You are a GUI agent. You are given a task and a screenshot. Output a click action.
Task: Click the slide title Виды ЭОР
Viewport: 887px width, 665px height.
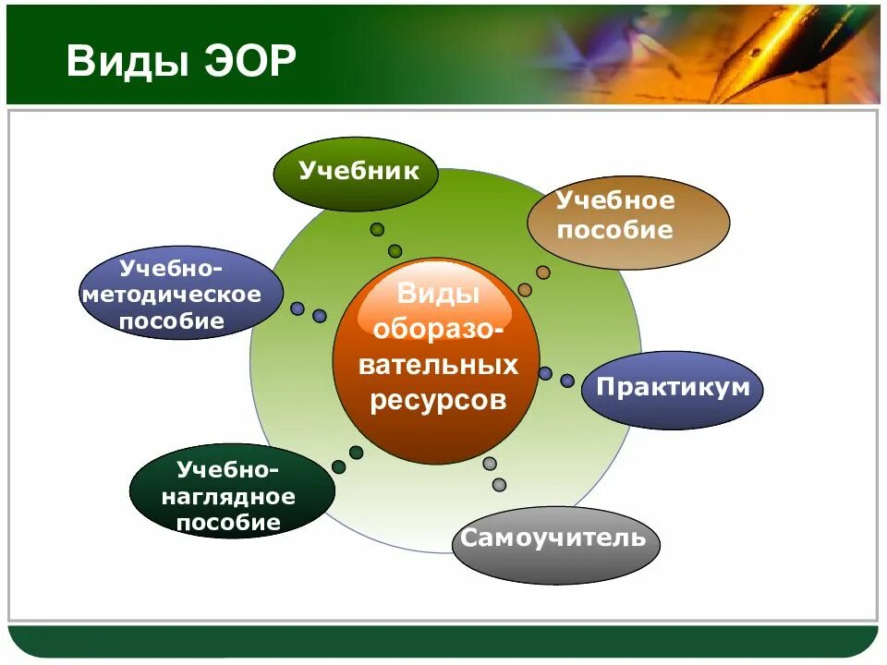point(181,60)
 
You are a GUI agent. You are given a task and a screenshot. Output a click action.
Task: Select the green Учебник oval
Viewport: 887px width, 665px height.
point(356,175)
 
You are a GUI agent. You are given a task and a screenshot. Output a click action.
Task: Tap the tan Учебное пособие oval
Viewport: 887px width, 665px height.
point(628,223)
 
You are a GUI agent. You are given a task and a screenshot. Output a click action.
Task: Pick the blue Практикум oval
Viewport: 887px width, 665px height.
point(673,390)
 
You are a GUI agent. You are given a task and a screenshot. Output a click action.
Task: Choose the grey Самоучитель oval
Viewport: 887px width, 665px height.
point(556,545)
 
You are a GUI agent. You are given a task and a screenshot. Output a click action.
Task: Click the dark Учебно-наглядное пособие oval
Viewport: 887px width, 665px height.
point(232,490)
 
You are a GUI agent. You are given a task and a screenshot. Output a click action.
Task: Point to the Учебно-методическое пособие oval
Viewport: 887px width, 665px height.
point(181,293)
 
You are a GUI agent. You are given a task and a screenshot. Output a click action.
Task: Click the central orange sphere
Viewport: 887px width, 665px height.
point(436,361)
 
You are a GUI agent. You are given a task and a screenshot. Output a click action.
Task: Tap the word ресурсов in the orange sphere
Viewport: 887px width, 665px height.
point(438,400)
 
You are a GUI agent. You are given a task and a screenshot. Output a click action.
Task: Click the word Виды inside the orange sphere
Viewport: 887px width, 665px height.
point(438,294)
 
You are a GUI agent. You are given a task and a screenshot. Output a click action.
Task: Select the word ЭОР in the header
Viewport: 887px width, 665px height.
point(250,60)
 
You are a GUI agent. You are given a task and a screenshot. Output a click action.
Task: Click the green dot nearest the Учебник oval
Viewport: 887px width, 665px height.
point(377,229)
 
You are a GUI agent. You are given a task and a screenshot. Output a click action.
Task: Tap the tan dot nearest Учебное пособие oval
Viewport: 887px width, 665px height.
point(543,272)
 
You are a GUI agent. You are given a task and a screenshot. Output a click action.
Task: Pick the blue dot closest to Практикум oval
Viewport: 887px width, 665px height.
point(567,381)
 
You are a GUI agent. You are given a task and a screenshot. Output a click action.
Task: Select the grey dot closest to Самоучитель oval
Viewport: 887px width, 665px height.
point(500,485)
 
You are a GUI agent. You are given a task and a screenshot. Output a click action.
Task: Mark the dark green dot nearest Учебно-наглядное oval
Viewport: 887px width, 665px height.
point(339,467)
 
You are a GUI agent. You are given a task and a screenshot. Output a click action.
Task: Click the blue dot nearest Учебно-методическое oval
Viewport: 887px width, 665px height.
point(298,308)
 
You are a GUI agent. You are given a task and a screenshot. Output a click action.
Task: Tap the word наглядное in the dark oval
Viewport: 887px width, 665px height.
point(228,497)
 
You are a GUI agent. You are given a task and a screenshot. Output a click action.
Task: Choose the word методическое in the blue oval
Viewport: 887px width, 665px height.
point(172,295)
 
